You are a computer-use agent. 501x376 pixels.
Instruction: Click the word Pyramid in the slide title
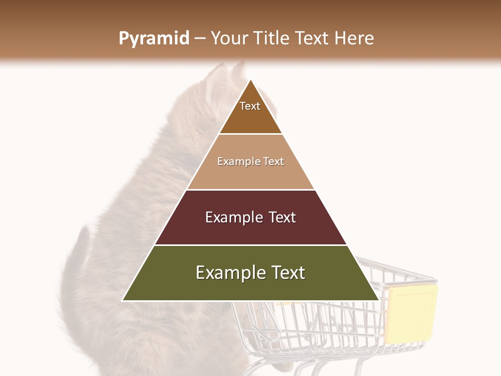[x=154, y=38]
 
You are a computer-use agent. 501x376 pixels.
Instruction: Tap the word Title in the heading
[x=273, y=38]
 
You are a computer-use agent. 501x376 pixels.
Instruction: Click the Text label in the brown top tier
[x=250, y=106]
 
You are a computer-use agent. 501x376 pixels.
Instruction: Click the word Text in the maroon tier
[x=282, y=217]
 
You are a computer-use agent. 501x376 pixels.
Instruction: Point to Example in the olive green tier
[x=230, y=273]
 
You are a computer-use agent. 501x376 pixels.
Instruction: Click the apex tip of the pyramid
[x=250, y=80]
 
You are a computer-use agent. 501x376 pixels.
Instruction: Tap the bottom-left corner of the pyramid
[x=123, y=300]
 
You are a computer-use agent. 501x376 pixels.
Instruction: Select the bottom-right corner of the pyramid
[x=378, y=300]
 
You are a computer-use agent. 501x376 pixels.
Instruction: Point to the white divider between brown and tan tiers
[x=250, y=134]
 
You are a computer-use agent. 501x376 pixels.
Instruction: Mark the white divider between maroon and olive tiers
[x=250, y=245]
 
